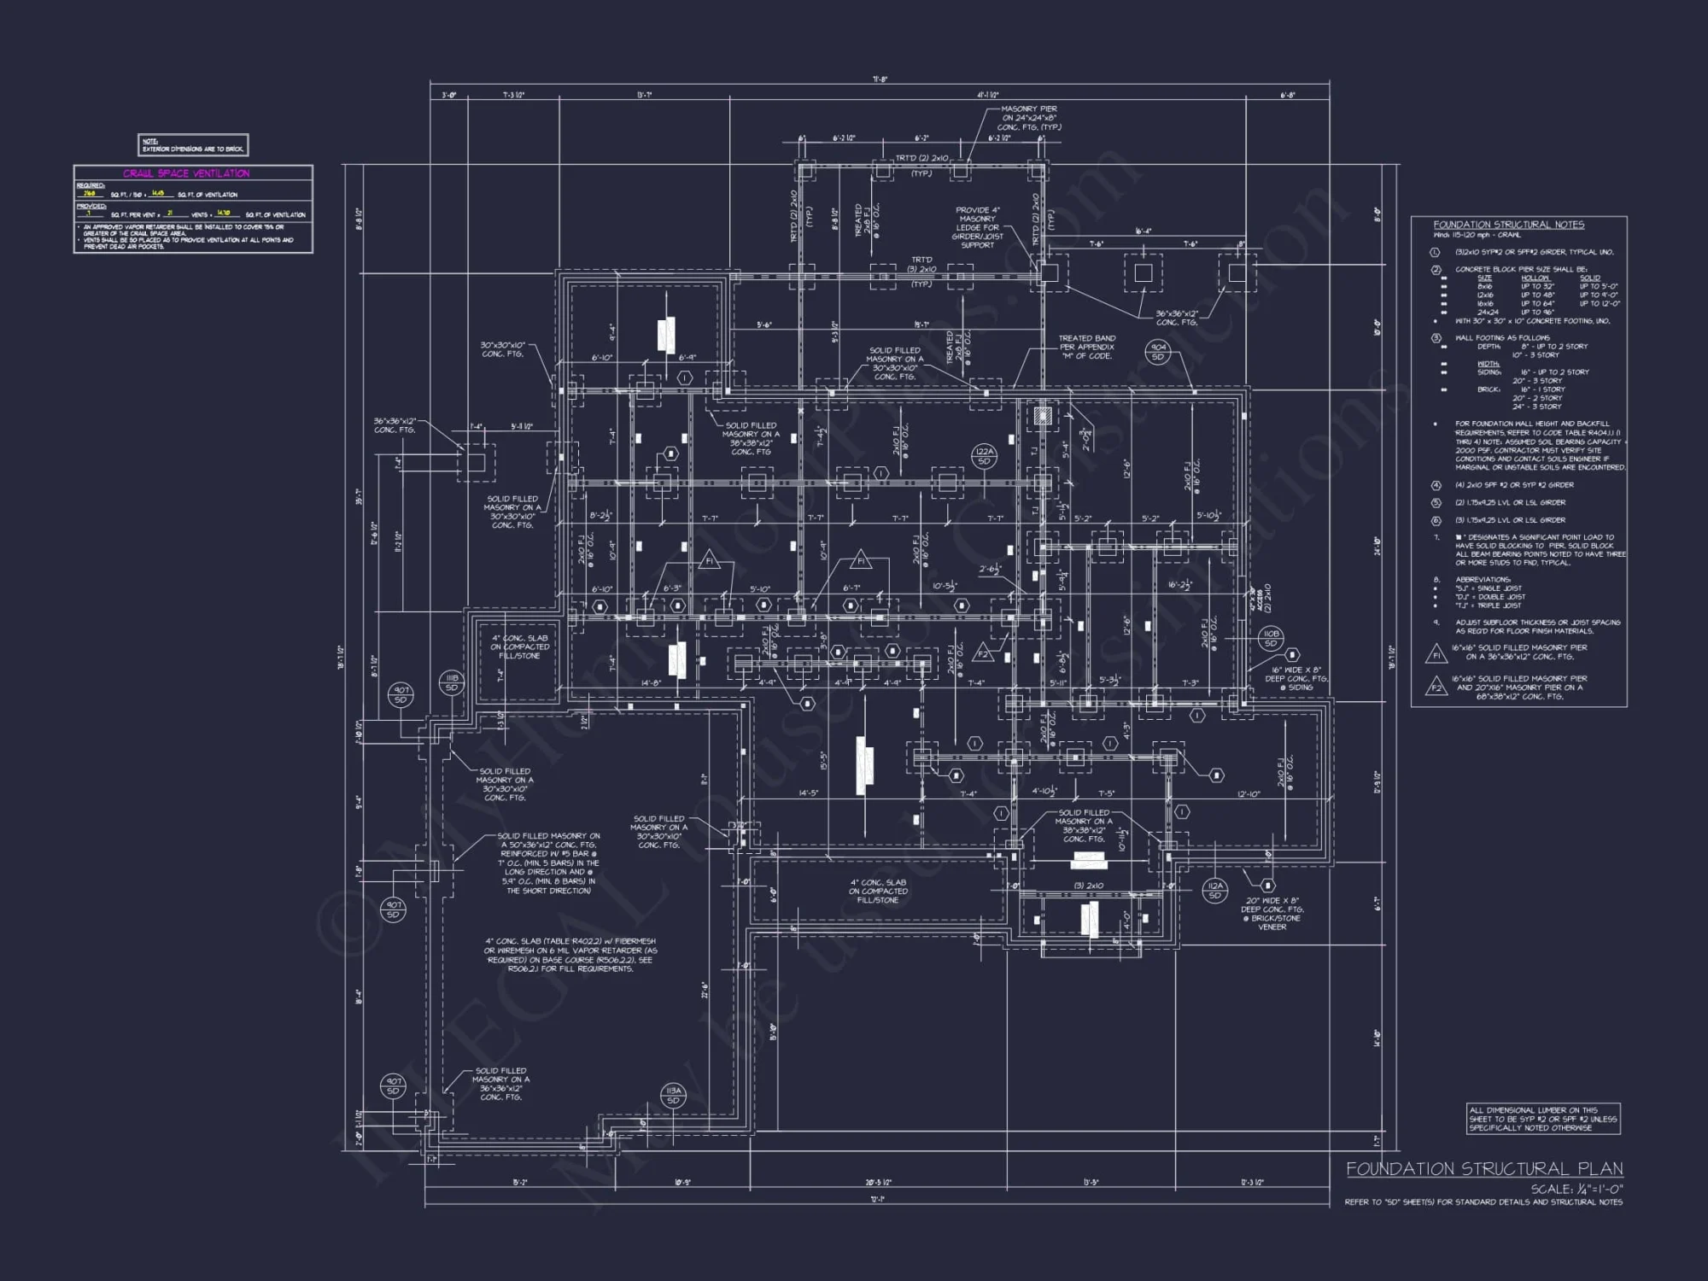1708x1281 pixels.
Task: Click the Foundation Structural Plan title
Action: coord(1484,1169)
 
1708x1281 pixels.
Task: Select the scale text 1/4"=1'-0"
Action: coord(1576,1189)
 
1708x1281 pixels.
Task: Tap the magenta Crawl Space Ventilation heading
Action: coord(186,173)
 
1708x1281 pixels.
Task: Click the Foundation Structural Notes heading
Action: coord(1508,225)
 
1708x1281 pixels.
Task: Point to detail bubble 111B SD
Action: coord(452,682)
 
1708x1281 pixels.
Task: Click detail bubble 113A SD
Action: coord(673,1096)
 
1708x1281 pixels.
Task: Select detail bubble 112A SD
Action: coord(1214,891)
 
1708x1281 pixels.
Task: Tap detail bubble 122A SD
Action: coord(984,456)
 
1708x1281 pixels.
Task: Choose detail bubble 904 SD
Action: coord(1158,351)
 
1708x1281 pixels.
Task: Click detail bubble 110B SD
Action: coord(1270,638)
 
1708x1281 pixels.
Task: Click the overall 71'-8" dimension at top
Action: coord(880,79)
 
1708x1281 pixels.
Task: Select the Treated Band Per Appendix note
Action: coord(1086,347)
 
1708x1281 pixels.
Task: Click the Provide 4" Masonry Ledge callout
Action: coord(977,227)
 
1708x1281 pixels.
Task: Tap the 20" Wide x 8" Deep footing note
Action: coord(1272,914)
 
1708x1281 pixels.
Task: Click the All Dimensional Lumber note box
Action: coord(1542,1119)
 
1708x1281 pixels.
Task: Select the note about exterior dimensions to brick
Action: coord(193,145)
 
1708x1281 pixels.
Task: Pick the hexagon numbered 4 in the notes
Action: coord(1436,485)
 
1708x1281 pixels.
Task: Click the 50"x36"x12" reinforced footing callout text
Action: coord(548,863)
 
